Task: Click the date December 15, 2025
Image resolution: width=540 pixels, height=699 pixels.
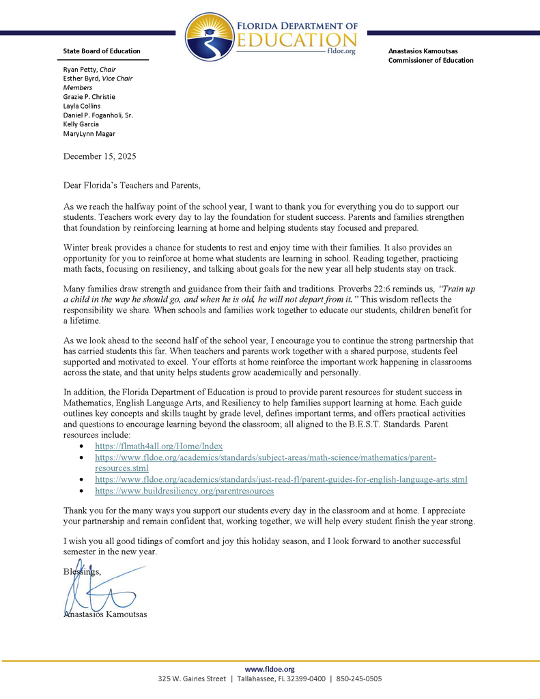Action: pos(100,156)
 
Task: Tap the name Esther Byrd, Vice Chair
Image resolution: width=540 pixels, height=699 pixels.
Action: pos(98,79)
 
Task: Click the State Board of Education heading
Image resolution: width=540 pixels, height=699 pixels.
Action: pos(102,51)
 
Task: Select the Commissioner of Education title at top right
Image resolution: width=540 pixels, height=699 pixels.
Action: pos(431,60)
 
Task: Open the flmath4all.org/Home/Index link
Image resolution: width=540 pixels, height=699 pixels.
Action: pos(158,446)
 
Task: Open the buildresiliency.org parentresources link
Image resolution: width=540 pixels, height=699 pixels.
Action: pos(184,491)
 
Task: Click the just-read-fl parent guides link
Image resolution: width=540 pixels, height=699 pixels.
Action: pos(281,480)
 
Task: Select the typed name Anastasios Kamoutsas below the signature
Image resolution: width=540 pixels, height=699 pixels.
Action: pos(105,614)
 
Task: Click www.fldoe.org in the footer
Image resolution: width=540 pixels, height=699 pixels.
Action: pos(270,669)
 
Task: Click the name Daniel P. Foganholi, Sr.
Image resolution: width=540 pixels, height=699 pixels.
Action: pos(98,115)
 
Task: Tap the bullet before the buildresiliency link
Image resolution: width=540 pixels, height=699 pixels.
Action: pos(82,491)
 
